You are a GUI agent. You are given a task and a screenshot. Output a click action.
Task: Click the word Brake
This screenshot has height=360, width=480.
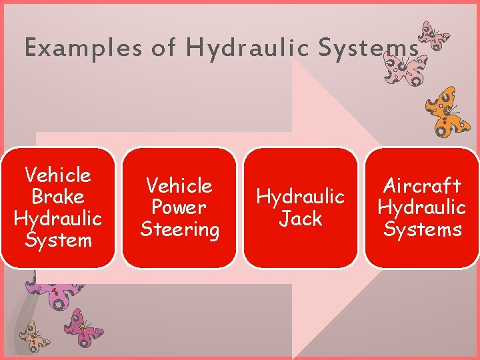[x=58, y=197]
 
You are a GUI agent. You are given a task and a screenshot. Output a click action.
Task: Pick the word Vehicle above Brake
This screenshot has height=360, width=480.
[x=58, y=175]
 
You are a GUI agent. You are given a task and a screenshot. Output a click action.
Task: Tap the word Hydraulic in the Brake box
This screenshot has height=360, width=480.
[x=58, y=218]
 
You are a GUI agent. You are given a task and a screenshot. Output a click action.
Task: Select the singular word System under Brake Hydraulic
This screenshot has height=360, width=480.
[x=58, y=239]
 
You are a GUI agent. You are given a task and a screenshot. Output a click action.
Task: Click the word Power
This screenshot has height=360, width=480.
[x=179, y=207]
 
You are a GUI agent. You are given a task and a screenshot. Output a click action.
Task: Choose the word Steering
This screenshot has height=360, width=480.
[x=179, y=229]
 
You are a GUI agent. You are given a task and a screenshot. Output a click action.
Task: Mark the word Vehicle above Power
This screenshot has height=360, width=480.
[x=179, y=185]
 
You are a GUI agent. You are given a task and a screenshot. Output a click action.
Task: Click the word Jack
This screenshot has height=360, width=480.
[x=301, y=219]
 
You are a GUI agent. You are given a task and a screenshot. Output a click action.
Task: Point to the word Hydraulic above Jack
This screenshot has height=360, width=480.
[x=301, y=197]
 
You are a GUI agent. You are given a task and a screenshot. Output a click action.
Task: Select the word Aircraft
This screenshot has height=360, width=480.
[x=422, y=185]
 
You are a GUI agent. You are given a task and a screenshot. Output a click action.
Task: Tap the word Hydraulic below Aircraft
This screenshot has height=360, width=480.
[x=422, y=207]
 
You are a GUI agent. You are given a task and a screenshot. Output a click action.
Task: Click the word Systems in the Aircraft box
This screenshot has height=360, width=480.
[x=422, y=229]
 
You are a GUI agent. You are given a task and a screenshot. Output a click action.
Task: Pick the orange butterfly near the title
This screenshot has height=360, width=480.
[x=447, y=109]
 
